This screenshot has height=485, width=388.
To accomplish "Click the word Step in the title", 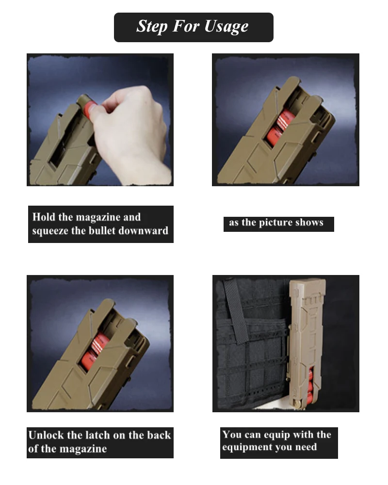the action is pos(152,26).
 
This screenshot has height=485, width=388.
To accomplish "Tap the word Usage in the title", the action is pos(226,27).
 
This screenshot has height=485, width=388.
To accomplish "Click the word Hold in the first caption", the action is pos(44,217).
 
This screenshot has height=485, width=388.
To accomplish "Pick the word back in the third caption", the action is pos(159,435).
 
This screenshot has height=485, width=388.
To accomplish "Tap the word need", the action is pos(306,447).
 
